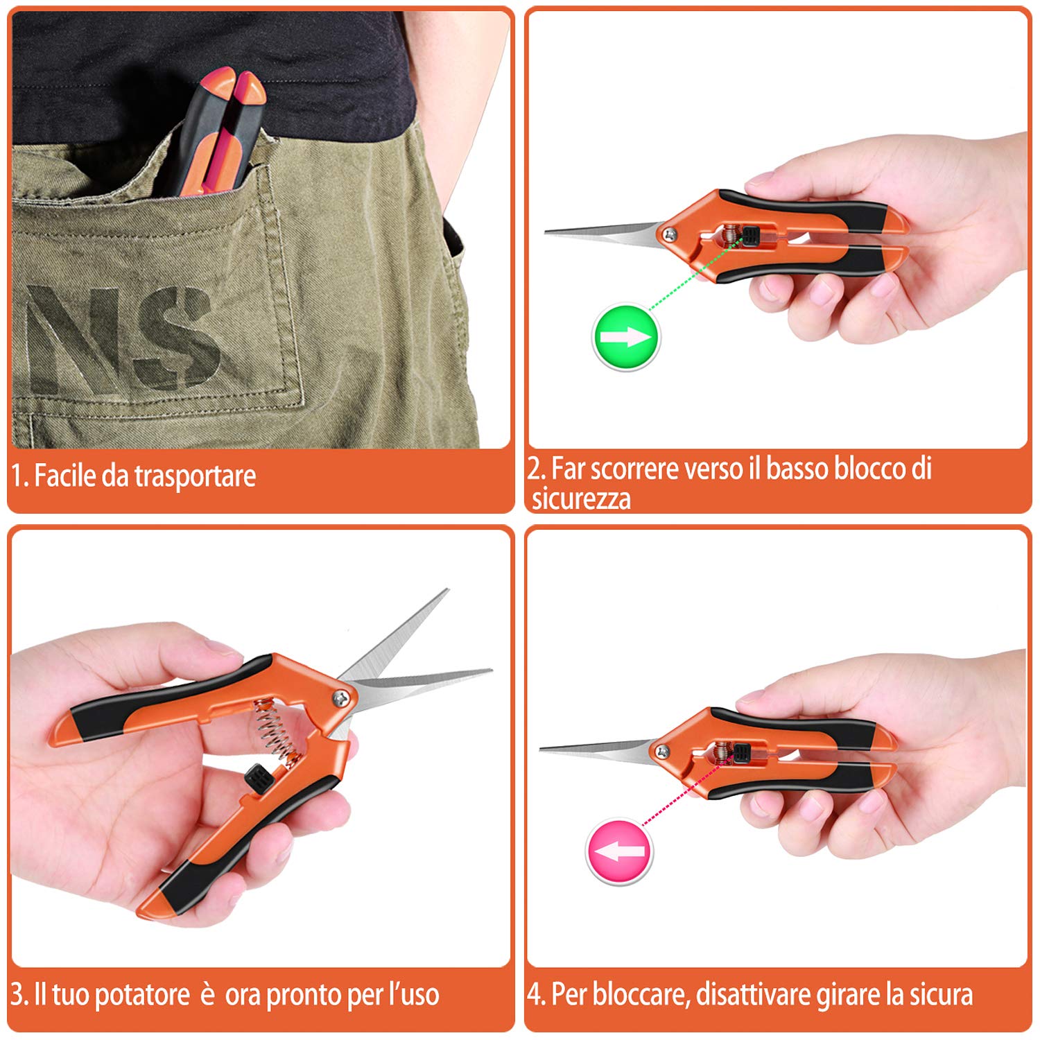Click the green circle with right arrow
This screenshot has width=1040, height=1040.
[625, 337]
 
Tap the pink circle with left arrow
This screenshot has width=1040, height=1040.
[620, 851]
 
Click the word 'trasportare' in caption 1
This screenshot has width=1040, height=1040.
[195, 476]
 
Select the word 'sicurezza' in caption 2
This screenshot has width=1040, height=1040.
[581, 499]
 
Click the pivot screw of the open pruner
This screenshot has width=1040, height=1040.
[343, 698]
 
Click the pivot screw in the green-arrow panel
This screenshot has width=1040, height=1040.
[670, 234]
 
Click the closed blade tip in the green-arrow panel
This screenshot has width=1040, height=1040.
[546, 232]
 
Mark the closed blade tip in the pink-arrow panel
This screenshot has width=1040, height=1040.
[541, 748]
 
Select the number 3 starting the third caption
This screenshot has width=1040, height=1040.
[17, 995]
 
